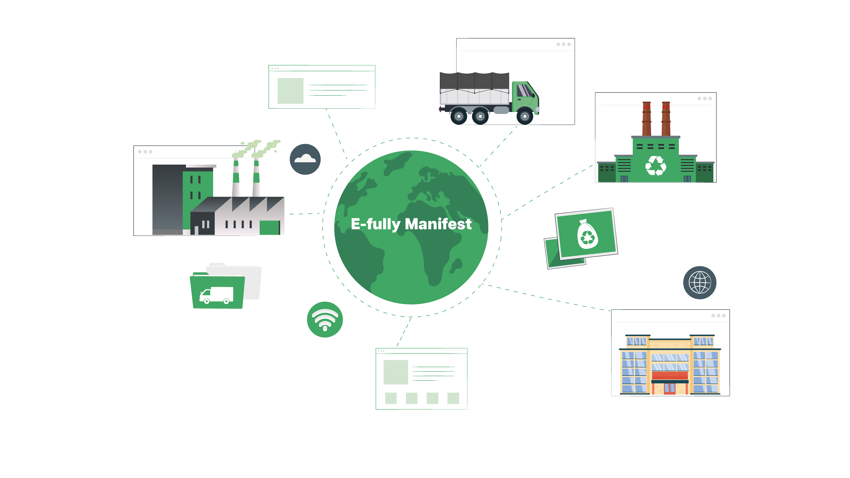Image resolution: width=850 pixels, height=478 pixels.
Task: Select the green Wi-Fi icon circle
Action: click(x=325, y=319)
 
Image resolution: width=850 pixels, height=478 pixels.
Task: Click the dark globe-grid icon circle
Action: click(x=700, y=283)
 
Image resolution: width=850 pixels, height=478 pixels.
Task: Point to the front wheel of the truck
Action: click(x=525, y=116)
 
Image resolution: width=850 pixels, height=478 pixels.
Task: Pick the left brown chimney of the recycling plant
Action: click(x=647, y=119)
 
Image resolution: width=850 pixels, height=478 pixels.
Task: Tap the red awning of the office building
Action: click(x=670, y=375)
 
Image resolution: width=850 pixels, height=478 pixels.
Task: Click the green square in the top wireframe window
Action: click(x=290, y=91)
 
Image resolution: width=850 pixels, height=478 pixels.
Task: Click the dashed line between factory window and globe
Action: click(x=304, y=214)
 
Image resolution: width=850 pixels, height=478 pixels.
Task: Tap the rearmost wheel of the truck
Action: click(x=459, y=116)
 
